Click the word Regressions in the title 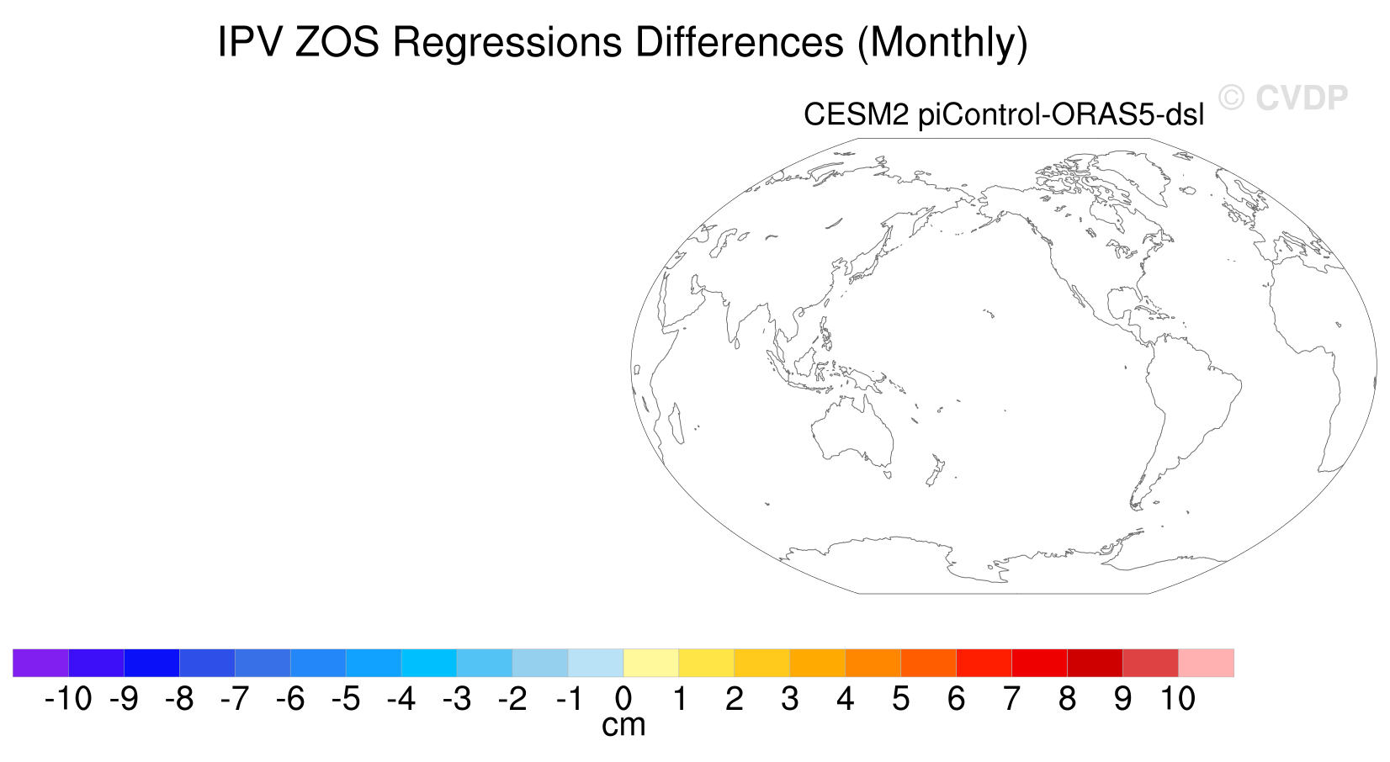507,44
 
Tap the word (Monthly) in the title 942,44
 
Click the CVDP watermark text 1302,98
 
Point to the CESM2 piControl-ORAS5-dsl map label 1004,114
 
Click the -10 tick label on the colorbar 68,699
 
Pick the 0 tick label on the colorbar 623,699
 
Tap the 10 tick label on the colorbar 1178,699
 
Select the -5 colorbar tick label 346,699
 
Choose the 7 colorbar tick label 1011,699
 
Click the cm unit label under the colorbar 623,726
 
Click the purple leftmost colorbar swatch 40,663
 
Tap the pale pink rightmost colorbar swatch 1206,663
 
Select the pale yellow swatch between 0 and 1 651,663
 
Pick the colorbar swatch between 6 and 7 984,663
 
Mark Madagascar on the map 676,424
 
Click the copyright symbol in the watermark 1231,98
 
